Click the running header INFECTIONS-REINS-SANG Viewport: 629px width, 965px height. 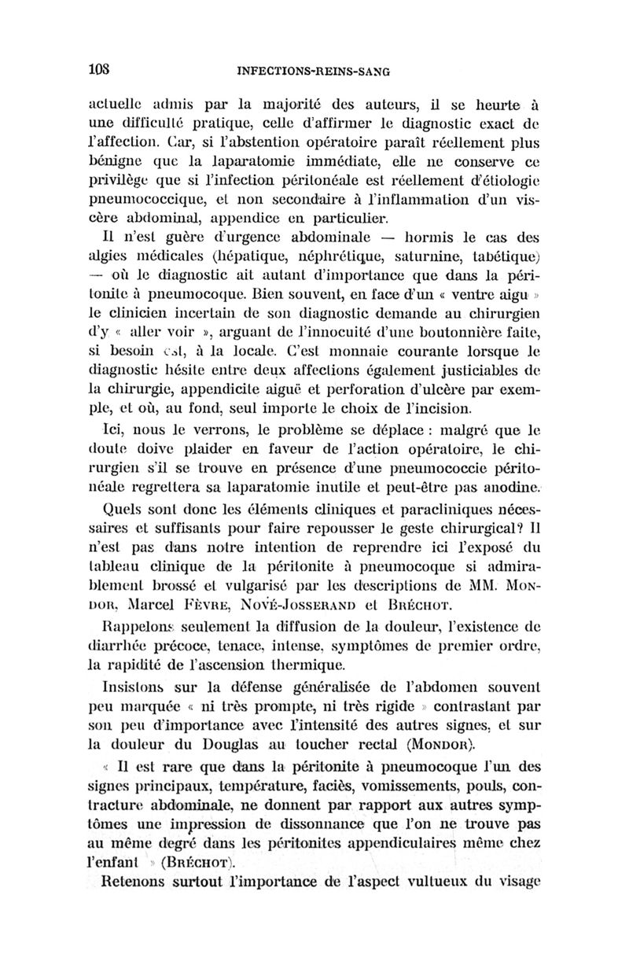click(x=313, y=71)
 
